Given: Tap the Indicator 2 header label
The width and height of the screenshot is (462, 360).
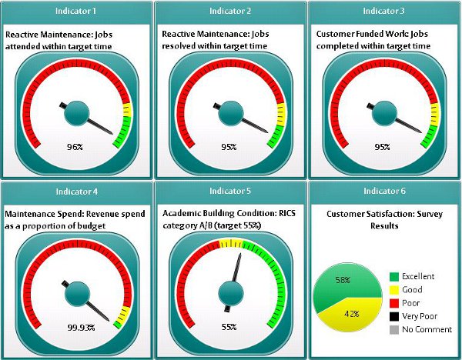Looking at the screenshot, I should (230, 11).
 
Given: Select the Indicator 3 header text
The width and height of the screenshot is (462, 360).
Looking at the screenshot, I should (384, 11).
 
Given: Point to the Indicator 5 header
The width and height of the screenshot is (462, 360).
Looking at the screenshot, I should (230, 191).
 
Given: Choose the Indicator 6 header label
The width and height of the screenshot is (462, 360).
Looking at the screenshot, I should (384, 191).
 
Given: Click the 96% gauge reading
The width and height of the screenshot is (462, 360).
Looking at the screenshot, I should (75, 147).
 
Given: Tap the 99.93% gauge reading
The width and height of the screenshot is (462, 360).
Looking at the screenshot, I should (81, 327).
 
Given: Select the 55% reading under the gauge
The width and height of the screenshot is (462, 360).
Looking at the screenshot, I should (229, 327).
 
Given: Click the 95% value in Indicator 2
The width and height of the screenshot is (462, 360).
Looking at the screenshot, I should (229, 147).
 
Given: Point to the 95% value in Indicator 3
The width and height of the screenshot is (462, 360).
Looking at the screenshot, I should (382, 147).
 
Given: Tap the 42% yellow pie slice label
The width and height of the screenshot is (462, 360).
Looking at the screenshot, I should (349, 313).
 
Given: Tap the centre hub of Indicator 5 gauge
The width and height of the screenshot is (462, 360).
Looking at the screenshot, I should (229, 292).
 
